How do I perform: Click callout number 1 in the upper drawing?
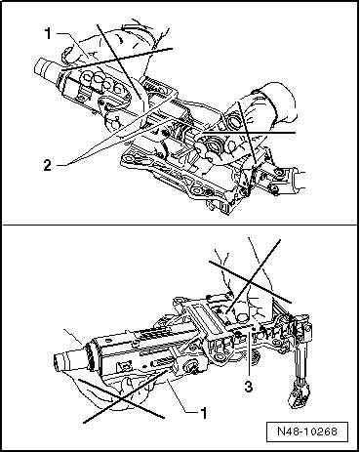[x=48, y=33]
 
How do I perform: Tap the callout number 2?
[x=48, y=166]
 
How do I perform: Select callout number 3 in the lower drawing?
[x=249, y=387]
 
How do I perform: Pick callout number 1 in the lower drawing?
[x=204, y=413]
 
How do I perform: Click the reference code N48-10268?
[x=307, y=431]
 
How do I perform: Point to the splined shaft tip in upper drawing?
[x=45, y=67]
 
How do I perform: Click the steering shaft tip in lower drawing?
[x=64, y=359]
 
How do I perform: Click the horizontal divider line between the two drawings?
[x=180, y=225]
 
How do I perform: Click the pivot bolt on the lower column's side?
[x=191, y=367]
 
